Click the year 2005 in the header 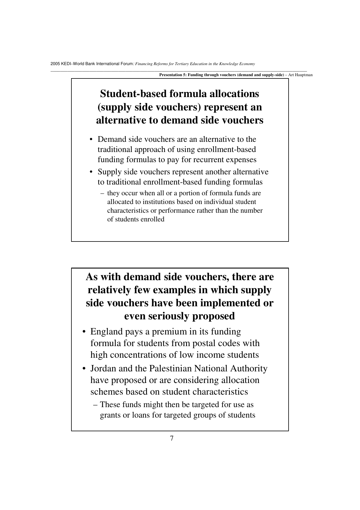tap(55, 64)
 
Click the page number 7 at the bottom tap(172, 438)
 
